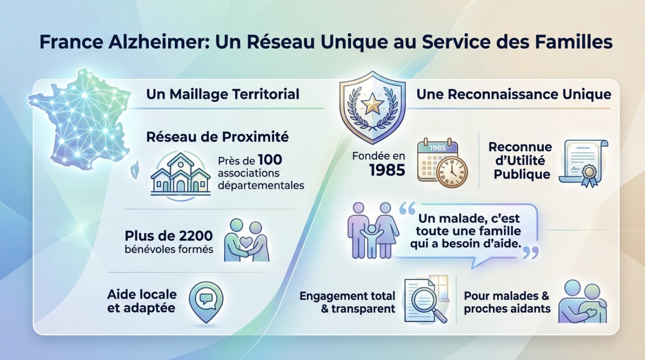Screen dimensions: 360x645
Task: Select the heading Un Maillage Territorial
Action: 223,94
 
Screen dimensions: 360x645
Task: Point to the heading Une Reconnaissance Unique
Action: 514,94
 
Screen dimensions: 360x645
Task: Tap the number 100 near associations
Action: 270,161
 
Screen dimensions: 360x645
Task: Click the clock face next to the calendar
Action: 451,172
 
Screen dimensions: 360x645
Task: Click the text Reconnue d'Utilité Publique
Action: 520,161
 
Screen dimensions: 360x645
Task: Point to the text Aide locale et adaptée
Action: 142,301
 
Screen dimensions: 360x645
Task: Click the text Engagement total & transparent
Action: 348,302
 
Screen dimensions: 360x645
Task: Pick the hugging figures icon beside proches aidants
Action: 582,302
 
